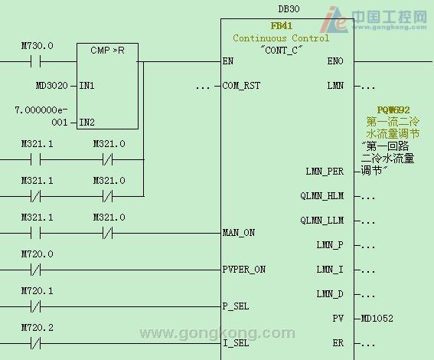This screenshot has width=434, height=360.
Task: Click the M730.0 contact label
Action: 37,46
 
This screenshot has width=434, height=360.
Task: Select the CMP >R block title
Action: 107,51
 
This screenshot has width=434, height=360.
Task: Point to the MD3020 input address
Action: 52,86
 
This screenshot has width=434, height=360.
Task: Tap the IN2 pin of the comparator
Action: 87,122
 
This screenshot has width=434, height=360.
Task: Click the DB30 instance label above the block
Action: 289,9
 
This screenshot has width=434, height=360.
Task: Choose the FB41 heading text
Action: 281,26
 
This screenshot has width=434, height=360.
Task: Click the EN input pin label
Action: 228,61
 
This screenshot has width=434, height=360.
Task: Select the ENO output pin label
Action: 335,61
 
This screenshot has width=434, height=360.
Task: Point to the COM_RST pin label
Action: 241,86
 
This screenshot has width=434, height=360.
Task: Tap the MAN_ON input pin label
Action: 239,233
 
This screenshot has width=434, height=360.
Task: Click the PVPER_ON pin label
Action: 244,270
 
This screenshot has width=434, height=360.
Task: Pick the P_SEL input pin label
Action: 236,306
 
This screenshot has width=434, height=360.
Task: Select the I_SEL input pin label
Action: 236,343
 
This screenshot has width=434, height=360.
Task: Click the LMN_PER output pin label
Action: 325,172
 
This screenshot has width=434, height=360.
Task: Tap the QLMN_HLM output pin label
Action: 322,196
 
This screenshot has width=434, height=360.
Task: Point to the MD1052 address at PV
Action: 377,319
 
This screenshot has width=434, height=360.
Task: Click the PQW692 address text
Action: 393,110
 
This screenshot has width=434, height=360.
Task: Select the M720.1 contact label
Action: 37,291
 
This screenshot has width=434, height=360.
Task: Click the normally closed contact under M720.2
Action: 36,343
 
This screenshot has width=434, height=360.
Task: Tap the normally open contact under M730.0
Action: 36,61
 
